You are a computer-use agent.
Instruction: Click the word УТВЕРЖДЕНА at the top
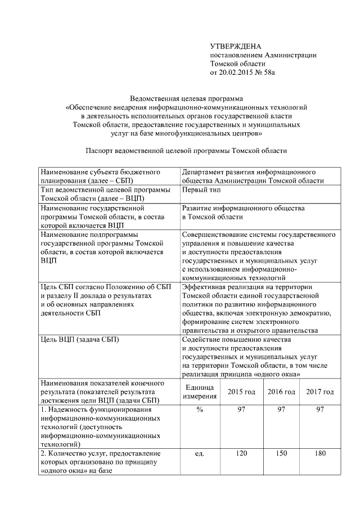236,46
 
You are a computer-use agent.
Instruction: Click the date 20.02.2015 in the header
242,73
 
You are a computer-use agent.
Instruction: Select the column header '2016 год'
281,391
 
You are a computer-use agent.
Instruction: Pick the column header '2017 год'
320,391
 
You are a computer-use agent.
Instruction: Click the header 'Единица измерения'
199,391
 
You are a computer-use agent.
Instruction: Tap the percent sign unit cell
199,410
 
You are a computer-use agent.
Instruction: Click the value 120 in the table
241,453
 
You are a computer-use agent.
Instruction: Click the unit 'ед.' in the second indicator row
199,453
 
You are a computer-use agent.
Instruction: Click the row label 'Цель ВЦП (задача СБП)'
80,340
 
